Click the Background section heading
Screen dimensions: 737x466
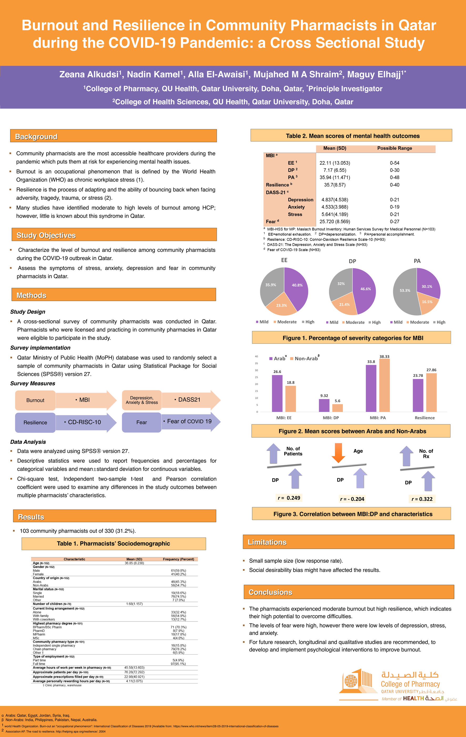click(36, 137)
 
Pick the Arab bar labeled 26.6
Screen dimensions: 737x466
click(277, 393)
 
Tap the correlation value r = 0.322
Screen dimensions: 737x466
click(422, 499)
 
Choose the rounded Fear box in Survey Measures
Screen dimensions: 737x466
click(141, 422)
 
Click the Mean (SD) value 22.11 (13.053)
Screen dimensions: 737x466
click(335, 163)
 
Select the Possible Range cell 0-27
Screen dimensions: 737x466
click(394, 221)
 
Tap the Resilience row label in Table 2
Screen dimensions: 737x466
click(278, 185)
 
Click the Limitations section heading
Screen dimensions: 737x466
click(267, 542)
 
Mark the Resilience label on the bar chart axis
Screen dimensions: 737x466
click(424, 418)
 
